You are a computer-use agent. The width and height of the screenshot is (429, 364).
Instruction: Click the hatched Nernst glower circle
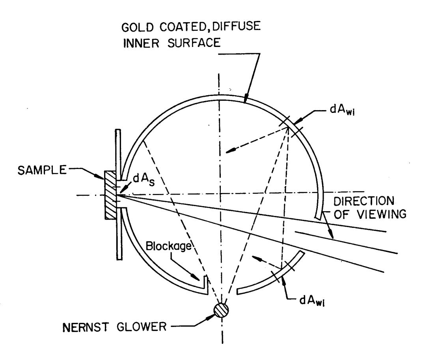tap(221, 310)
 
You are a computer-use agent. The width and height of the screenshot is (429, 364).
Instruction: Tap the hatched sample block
tap(110, 195)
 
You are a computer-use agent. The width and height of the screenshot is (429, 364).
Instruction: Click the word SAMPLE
tap(42, 170)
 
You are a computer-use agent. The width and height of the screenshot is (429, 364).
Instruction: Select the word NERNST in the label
tap(86, 327)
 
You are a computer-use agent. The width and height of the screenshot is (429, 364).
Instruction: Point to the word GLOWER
tap(142, 327)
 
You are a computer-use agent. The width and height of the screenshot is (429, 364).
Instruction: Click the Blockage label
tap(168, 246)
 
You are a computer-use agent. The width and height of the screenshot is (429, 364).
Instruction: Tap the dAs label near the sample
tap(144, 180)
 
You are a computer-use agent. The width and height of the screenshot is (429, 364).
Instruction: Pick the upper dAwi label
tap(342, 110)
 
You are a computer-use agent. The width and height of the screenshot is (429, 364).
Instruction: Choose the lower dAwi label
tap(312, 301)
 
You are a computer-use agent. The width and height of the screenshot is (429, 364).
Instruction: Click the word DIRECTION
tap(364, 201)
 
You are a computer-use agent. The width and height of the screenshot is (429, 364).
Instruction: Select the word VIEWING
tap(382, 214)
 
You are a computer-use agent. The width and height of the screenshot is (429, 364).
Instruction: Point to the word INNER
tap(141, 43)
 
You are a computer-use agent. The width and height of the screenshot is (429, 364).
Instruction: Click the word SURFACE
tap(194, 43)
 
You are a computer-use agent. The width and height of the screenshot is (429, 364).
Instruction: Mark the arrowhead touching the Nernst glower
tap(211, 317)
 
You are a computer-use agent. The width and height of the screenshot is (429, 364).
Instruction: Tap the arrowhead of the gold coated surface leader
tap(246, 99)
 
